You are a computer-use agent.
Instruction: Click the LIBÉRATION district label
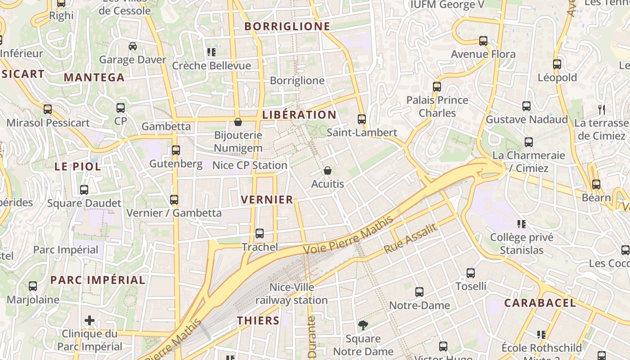(x=299, y=115)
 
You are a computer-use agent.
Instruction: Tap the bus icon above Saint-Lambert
(x=362, y=119)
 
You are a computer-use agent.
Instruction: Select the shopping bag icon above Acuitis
(x=328, y=171)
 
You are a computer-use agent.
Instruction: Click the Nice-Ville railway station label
(x=292, y=293)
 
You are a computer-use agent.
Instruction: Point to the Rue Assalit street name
(x=410, y=238)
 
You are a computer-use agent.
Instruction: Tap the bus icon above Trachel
(x=260, y=234)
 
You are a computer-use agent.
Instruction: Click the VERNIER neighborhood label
(x=267, y=199)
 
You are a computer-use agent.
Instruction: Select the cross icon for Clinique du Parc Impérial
(x=90, y=320)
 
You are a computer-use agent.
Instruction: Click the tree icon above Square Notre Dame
(x=363, y=325)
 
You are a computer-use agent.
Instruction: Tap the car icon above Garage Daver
(x=133, y=46)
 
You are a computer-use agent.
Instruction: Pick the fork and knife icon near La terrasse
(x=602, y=109)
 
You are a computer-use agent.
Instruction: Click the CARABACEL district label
(x=540, y=303)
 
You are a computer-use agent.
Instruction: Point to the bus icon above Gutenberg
(x=176, y=150)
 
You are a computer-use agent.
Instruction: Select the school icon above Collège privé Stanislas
(x=522, y=224)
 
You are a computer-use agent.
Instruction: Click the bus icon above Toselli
(x=471, y=273)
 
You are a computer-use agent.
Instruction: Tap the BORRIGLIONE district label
(x=288, y=27)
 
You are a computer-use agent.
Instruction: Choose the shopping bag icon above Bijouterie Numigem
(x=238, y=121)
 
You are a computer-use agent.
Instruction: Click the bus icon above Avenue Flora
(x=483, y=41)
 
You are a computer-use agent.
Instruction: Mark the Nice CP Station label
(x=249, y=165)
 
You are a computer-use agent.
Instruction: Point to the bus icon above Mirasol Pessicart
(x=48, y=109)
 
